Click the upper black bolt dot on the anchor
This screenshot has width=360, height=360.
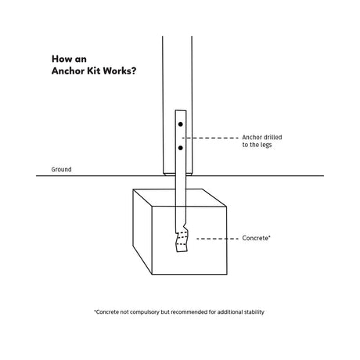[181, 124]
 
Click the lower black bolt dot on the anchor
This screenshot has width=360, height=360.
[181, 148]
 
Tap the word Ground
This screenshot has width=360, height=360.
[61, 170]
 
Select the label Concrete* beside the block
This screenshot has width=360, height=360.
[256, 238]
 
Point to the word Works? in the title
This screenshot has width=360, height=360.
[120, 70]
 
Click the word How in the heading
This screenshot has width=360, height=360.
[61, 59]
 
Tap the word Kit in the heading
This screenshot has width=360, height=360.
[95, 70]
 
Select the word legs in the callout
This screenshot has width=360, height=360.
[265, 145]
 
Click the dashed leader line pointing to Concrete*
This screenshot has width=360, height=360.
[218, 239]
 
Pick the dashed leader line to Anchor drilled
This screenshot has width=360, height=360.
[211, 138]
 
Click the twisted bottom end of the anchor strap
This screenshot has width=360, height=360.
[182, 241]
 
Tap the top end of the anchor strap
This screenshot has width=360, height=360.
[181, 110]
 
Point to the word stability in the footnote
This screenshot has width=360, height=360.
[254, 312]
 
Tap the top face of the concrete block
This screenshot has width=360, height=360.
[179, 198]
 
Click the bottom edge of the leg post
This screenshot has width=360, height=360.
[178, 175]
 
